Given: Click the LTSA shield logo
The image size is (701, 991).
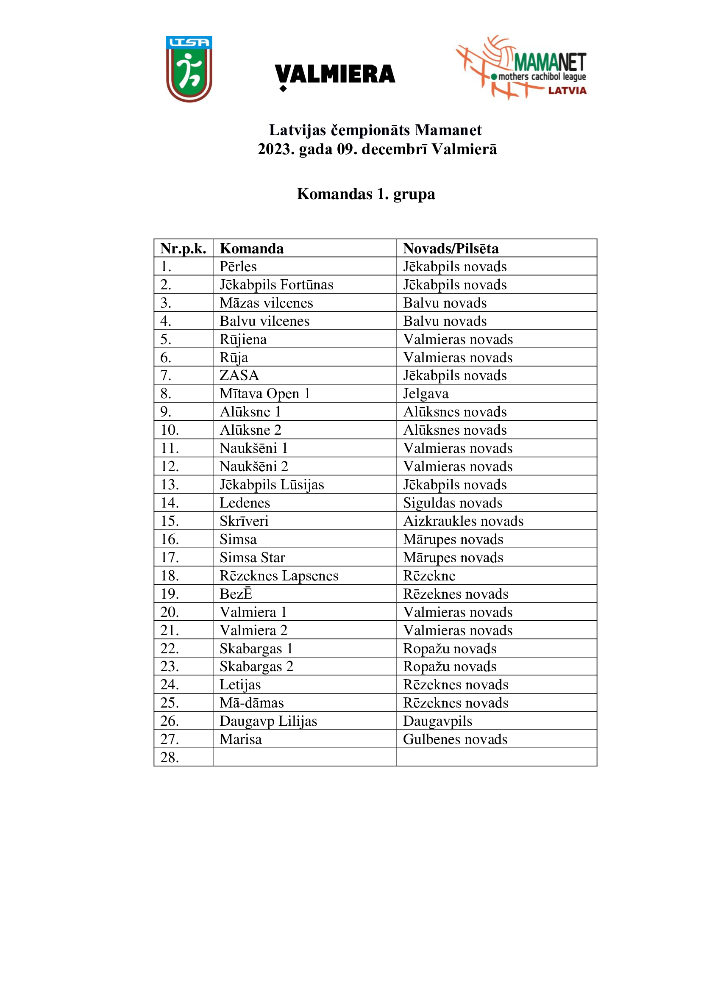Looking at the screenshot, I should (x=189, y=69).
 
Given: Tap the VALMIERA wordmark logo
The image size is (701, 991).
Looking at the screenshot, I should (x=335, y=75).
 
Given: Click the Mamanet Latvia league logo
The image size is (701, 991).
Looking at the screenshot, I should (x=521, y=68).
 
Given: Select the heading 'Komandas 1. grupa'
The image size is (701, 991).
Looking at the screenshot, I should (x=366, y=194).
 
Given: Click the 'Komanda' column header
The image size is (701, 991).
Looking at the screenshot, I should (x=252, y=249).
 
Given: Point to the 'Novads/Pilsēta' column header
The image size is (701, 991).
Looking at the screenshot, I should (x=451, y=249).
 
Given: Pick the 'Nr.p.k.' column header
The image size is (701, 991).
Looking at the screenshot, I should (x=183, y=249).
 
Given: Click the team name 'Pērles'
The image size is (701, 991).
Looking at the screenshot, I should (x=238, y=267).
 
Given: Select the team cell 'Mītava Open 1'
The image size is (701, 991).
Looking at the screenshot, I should (x=264, y=394).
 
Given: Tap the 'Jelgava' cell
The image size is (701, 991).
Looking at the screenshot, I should (x=426, y=394).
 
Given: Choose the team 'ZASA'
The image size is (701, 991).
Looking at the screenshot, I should (x=239, y=375).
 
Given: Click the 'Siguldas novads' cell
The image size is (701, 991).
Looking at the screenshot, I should (x=452, y=503).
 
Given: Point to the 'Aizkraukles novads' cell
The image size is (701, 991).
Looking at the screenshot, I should (x=463, y=521).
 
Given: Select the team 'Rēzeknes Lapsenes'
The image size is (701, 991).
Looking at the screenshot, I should (x=279, y=576).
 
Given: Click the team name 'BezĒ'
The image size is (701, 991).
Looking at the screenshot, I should (x=236, y=594).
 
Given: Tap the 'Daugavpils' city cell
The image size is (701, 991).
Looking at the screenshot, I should (x=437, y=721).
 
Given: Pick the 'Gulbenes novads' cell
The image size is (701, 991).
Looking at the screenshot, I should (x=455, y=739).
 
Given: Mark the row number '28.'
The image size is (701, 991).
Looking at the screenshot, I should (x=169, y=758).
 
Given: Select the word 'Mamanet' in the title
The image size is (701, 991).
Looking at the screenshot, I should (x=448, y=130).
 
